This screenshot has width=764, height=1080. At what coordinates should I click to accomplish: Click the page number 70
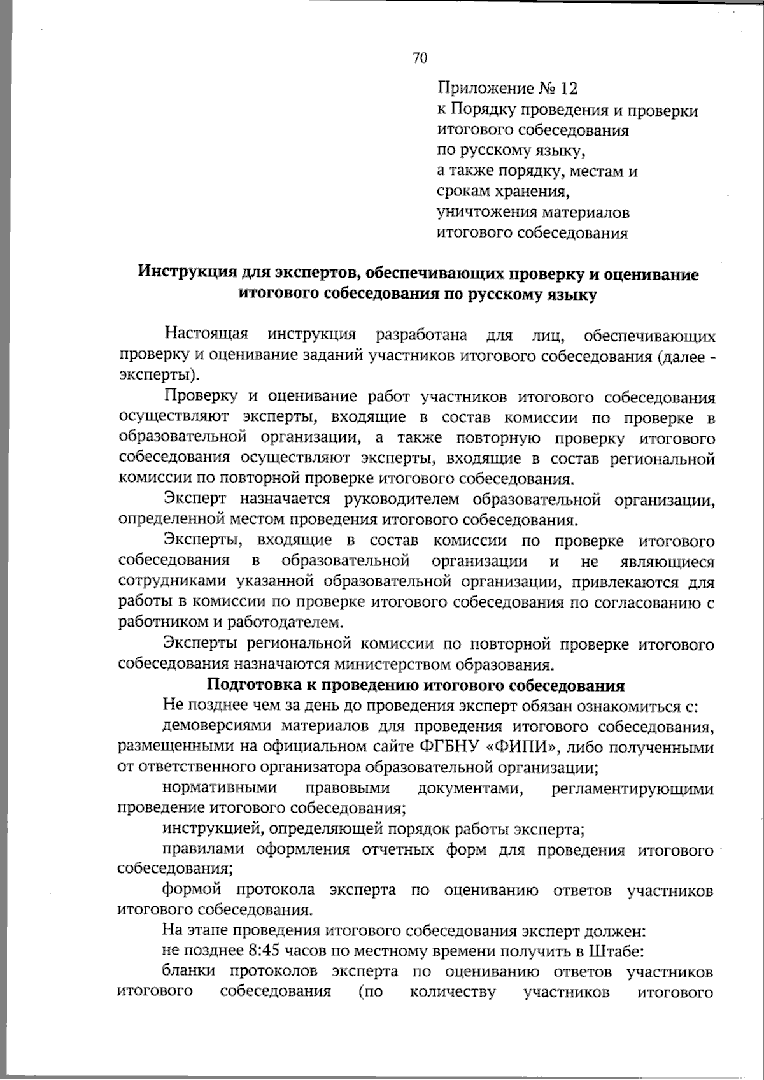pyautogui.click(x=420, y=59)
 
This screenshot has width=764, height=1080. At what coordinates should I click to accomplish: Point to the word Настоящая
pyautogui.click(x=206, y=334)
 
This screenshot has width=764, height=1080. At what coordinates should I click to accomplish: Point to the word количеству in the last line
pyautogui.click(x=453, y=992)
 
